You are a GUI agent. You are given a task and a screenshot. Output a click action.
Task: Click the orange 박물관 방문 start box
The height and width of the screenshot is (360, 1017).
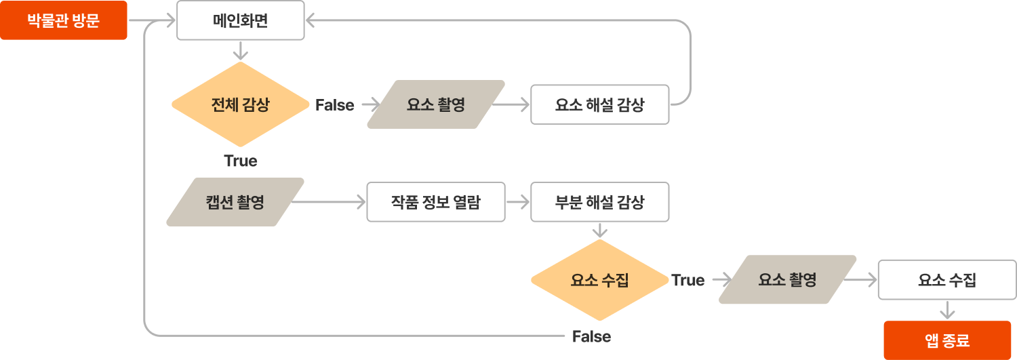(63, 20)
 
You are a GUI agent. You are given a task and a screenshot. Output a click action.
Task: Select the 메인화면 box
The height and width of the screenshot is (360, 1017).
(240, 20)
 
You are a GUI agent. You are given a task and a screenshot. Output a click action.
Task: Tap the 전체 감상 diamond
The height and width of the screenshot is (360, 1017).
(240, 104)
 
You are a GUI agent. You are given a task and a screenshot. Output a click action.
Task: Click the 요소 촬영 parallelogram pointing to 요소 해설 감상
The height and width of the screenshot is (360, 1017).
(436, 104)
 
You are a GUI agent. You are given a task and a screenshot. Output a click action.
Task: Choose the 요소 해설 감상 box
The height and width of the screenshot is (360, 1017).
(599, 104)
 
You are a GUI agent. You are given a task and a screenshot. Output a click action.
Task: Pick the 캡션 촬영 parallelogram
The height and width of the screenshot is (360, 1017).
(235, 202)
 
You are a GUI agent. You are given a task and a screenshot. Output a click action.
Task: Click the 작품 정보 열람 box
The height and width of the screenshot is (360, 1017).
(436, 202)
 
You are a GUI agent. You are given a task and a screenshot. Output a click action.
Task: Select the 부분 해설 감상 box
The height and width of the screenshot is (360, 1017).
(599, 202)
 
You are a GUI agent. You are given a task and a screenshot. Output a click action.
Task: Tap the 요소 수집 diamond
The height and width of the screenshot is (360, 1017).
(599, 280)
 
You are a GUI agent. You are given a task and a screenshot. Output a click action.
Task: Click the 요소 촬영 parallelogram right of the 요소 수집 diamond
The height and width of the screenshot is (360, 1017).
(787, 279)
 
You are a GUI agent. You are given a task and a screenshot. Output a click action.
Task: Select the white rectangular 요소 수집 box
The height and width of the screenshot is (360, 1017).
(947, 279)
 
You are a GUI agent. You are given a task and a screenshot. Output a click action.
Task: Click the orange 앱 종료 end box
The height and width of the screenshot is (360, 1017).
(947, 340)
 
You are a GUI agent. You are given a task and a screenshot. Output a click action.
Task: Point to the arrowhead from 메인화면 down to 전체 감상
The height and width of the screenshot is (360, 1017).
(240, 54)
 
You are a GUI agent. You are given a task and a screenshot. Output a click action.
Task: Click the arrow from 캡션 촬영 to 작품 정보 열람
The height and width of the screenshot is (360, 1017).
(329, 202)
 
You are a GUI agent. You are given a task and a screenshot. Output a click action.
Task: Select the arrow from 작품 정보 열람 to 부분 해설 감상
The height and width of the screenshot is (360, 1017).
(518, 202)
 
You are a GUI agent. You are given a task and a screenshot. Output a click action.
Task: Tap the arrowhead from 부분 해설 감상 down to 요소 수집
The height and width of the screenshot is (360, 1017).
(599, 232)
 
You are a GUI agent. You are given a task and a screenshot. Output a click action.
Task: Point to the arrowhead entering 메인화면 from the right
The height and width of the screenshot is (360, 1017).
(310, 21)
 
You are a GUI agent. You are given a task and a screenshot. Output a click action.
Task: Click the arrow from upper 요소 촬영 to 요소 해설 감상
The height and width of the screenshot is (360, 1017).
(510, 104)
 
